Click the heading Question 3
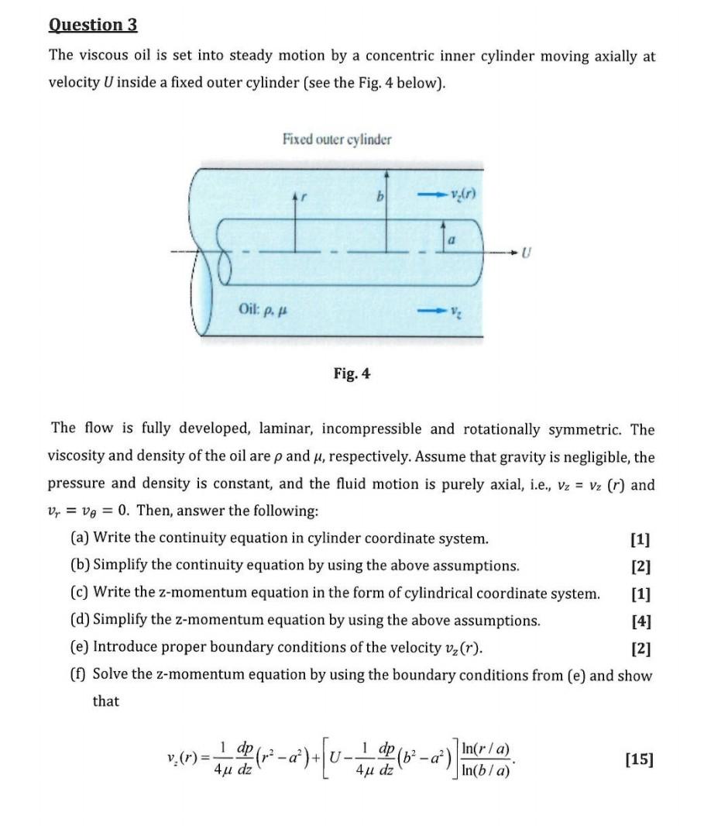(x=93, y=25)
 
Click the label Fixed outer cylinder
(x=337, y=139)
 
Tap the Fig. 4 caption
(x=352, y=373)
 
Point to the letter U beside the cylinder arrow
(x=527, y=252)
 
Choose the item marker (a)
(x=79, y=538)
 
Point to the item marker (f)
(x=78, y=675)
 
